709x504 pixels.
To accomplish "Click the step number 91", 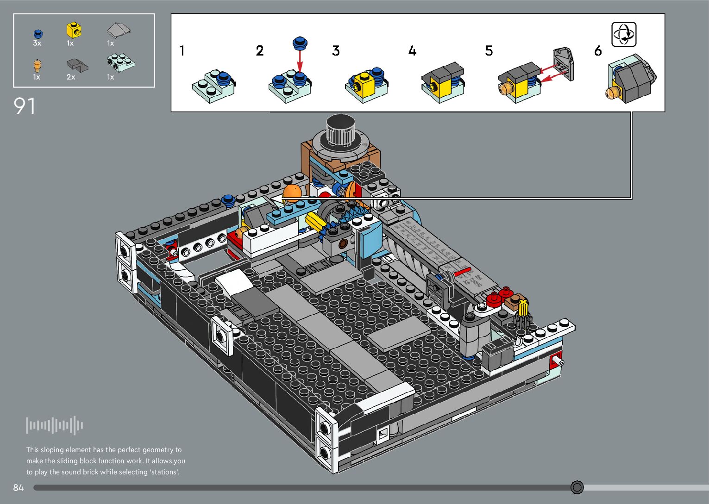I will click(x=25, y=106).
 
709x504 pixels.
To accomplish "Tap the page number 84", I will click(x=18, y=487).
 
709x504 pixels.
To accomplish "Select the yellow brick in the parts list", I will click(x=74, y=30).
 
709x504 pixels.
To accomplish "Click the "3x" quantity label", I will click(x=37, y=43).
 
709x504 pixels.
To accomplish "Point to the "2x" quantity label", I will click(x=71, y=77).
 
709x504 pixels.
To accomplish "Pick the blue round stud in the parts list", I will click(x=38, y=33).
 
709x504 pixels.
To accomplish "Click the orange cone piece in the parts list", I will click(x=37, y=65).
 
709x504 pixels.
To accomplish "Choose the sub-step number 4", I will click(x=412, y=51).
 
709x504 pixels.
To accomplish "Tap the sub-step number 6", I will click(x=598, y=51).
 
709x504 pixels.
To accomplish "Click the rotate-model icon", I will click(x=624, y=34).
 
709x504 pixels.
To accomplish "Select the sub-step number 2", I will click(x=260, y=51).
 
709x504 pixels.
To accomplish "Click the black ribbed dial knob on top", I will click(x=340, y=131).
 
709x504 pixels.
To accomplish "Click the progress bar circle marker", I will click(x=577, y=487).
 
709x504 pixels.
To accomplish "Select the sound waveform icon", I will click(x=55, y=425).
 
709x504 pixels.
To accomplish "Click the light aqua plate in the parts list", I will click(x=120, y=62).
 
